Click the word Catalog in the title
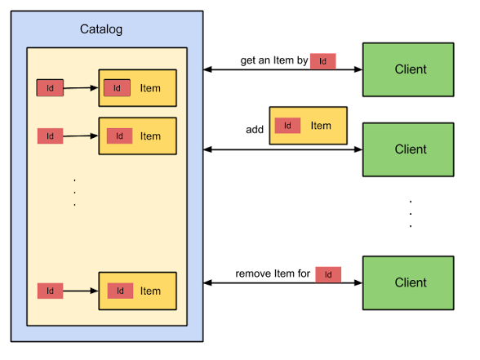coord(101,29)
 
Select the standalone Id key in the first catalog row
coord(50,87)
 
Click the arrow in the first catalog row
coord(81,87)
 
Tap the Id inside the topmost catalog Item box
coord(117,88)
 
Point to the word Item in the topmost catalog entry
coord(150,88)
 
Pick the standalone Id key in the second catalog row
coord(50,136)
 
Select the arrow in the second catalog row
coord(81,136)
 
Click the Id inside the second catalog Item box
coord(119,136)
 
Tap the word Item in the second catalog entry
coord(150,136)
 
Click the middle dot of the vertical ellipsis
coord(74,193)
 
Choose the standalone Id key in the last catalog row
coord(50,291)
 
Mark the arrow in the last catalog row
coord(81,291)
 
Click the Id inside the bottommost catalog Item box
coord(120,291)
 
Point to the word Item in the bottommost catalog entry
coord(150,291)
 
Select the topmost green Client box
coord(408,69)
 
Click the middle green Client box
coord(408,149)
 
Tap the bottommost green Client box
coord(408,282)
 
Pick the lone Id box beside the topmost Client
coord(322,61)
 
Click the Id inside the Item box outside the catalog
coord(287,126)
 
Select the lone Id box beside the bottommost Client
coord(328,274)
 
